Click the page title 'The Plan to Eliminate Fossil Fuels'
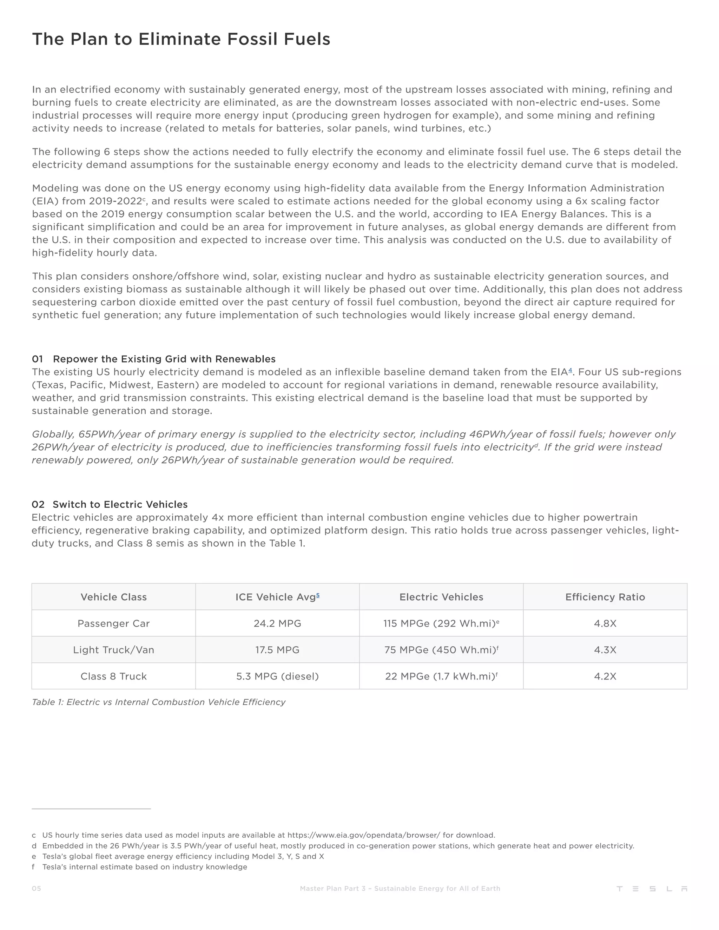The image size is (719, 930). pyautogui.click(x=181, y=39)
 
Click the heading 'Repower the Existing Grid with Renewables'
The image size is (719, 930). pyautogui.click(x=164, y=359)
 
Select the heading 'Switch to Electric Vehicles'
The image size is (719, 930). pyautogui.click(x=120, y=504)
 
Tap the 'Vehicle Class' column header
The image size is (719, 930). pyautogui.click(x=114, y=597)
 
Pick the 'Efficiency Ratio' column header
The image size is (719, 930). pyautogui.click(x=605, y=597)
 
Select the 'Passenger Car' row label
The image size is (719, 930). pyautogui.click(x=114, y=623)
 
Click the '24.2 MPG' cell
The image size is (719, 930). pyautogui.click(x=277, y=623)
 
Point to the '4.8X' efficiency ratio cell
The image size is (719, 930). pyautogui.click(x=605, y=623)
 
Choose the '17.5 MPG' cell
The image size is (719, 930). pyautogui.click(x=277, y=650)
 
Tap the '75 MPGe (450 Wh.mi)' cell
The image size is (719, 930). pyautogui.click(x=441, y=650)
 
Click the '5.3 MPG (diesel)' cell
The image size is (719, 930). pyautogui.click(x=277, y=676)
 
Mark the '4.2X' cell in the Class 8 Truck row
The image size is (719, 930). pyautogui.click(x=605, y=676)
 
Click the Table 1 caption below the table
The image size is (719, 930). pyautogui.click(x=158, y=702)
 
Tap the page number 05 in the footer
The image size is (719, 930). pyautogui.click(x=37, y=888)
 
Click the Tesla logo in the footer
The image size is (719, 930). pyautogui.click(x=652, y=889)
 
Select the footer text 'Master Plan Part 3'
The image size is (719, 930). pyautogui.click(x=333, y=888)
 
